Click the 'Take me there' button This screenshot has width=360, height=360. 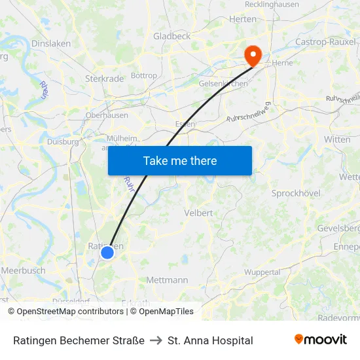click(180, 160)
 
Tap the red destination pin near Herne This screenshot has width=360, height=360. click(252, 54)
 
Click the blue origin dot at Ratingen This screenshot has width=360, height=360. click(107, 252)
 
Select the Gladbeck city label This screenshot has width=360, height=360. click(171, 37)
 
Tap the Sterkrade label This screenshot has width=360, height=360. click(104, 79)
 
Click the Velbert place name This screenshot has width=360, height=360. click(198, 213)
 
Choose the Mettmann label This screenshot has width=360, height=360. click(167, 280)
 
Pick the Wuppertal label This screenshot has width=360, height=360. click(262, 272)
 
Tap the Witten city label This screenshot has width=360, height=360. click(337, 139)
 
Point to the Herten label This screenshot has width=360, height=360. click(243, 20)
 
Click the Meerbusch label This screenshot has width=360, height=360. click(23, 270)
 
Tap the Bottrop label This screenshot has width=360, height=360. click(144, 75)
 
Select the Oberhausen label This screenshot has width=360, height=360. click(107, 115)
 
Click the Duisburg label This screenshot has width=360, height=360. click(63, 141)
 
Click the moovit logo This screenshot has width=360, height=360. click(320, 340)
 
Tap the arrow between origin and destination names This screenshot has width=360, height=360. click(156, 340)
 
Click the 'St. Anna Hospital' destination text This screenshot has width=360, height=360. click(210, 340)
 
